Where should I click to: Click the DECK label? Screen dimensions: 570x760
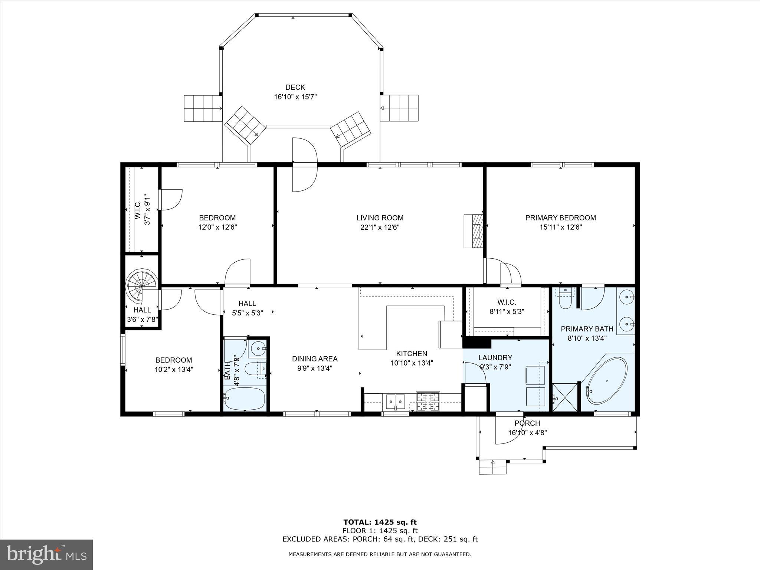tap(295, 88)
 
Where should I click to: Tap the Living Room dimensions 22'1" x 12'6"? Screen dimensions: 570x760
tap(380, 227)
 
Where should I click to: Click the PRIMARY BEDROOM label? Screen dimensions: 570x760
tap(560, 218)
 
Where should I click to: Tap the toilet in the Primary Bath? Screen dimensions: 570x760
tap(565, 300)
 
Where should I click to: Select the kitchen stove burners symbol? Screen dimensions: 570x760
tap(428, 402)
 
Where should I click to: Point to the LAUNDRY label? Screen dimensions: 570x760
tap(495, 358)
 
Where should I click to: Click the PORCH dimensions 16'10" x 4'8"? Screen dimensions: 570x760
tap(527, 432)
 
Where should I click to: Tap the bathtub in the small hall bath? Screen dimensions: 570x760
tap(245, 399)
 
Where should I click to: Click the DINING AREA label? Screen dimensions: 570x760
tap(315, 359)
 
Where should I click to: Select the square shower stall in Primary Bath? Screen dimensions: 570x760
tap(565, 397)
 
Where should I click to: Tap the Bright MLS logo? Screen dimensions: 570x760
tap(46, 554)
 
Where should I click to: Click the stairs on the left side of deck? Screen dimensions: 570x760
tap(203, 108)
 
